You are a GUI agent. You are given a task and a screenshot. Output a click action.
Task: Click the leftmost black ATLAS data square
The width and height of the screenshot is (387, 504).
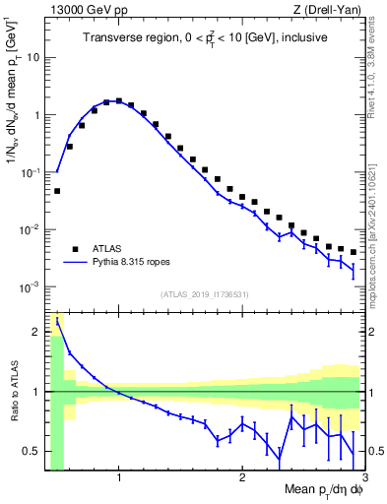(x=57, y=191)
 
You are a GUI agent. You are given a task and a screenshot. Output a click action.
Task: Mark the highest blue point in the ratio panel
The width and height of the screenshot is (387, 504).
(x=57, y=320)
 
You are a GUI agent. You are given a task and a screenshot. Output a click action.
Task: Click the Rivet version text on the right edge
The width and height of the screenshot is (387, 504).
(x=377, y=59)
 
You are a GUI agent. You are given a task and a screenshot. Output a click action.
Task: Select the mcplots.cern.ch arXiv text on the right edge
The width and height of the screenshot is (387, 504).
(x=377, y=197)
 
